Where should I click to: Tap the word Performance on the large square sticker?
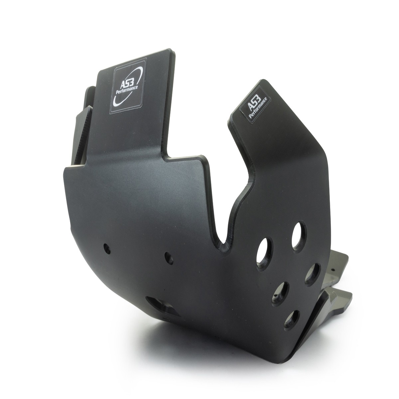click(x=127, y=90)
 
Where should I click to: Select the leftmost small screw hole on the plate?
click(x=107, y=249)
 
